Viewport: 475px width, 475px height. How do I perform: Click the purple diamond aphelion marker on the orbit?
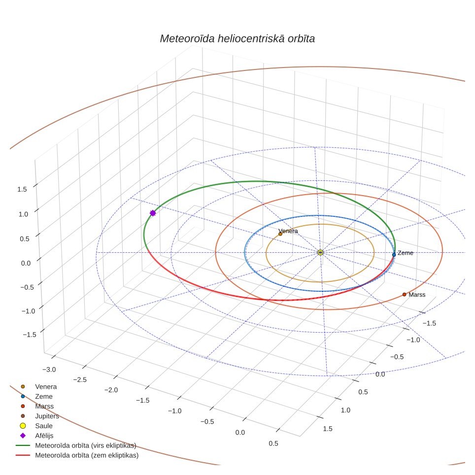[x=153, y=213]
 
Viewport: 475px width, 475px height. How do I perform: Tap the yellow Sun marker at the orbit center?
[x=320, y=252]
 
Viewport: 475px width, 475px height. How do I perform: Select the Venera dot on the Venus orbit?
[x=280, y=234]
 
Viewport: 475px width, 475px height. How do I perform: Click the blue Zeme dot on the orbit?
[x=394, y=255]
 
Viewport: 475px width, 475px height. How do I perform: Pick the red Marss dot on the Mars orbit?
[x=404, y=295]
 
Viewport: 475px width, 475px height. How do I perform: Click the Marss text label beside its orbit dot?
[x=417, y=295]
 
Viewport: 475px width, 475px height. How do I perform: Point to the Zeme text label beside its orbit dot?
[x=406, y=253]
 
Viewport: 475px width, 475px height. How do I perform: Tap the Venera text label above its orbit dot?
[x=288, y=231]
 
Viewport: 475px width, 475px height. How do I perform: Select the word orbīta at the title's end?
[x=302, y=39]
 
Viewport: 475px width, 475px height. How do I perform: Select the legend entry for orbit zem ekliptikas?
[x=77, y=455]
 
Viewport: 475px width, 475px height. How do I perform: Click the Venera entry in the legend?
[x=38, y=386]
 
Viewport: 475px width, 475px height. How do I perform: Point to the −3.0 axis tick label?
[x=49, y=370]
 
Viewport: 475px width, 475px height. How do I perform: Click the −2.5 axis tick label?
[x=80, y=380]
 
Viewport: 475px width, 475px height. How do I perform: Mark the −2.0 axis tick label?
[x=111, y=390]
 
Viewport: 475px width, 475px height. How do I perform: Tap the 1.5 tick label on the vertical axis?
[x=22, y=189]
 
